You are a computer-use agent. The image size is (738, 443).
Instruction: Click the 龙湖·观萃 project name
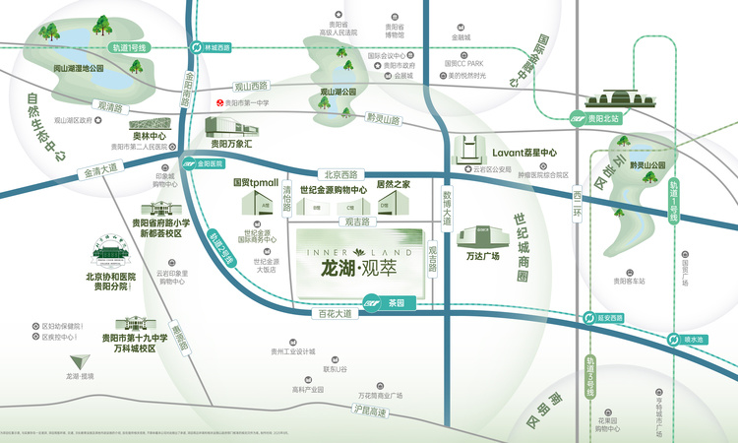coord(361,267)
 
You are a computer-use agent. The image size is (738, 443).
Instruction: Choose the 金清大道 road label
coord(98,171)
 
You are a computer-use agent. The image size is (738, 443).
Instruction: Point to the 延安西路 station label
coord(611,319)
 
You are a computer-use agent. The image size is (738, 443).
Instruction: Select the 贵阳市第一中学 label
coord(247,101)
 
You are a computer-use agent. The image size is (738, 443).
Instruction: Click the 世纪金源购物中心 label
coord(333,187)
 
